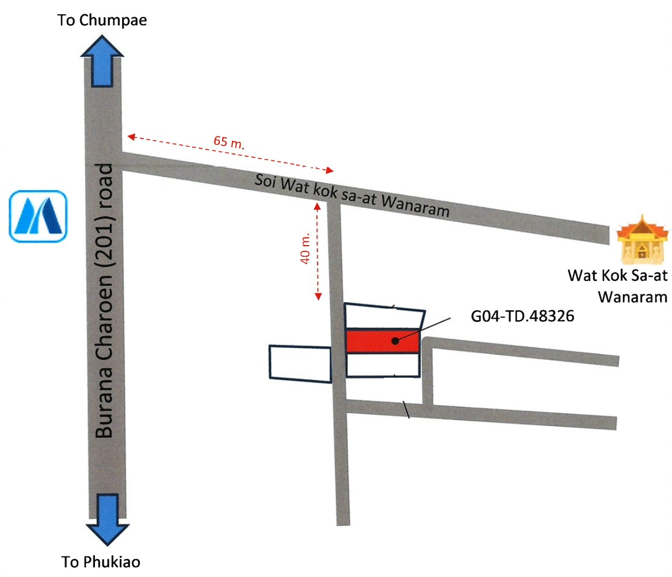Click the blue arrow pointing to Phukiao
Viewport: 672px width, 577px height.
[108, 519]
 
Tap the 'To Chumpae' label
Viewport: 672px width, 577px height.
[102, 20]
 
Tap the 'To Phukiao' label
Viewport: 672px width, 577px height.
[101, 562]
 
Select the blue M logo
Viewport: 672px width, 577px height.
[38, 216]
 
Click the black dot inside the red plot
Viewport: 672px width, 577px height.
[395, 341]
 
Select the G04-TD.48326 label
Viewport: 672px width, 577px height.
[522, 316]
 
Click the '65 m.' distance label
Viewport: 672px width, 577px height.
[229, 142]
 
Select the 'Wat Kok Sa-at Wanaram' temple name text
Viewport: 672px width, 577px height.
[617, 286]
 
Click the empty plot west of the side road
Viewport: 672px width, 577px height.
[300, 363]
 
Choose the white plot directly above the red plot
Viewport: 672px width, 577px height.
[384, 316]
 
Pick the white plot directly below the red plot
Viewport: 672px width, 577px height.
[383, 365]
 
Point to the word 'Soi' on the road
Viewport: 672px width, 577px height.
[265, 181]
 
